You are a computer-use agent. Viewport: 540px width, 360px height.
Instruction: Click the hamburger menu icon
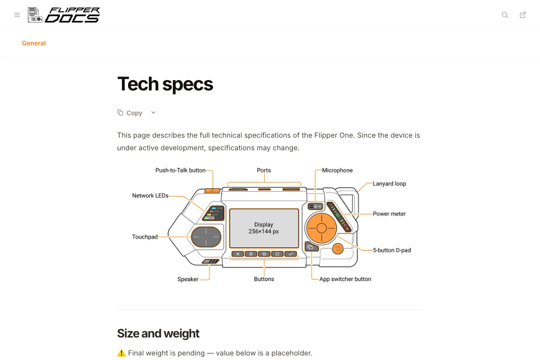[17, 15]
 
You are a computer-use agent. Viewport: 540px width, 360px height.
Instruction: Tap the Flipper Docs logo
[63, 15]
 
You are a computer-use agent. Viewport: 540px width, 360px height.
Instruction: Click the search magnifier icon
[505, 15]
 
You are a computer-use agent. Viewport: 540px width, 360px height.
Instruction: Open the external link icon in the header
[522, 15]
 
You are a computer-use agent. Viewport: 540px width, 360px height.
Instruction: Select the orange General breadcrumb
[34, 43]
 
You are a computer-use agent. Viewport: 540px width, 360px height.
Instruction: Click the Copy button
[130, 113]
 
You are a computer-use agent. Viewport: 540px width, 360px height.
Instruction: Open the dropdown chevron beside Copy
[153, 112]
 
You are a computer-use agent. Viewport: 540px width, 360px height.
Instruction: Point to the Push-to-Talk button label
[180, 170]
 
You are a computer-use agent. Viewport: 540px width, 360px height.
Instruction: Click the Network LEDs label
[150, 196]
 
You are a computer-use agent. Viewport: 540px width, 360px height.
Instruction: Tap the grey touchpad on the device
[206, 237]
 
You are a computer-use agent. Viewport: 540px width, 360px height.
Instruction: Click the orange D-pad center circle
[321, 228]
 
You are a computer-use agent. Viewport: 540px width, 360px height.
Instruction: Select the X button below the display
[238, 254]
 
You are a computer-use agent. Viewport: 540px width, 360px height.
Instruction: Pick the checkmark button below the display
[291, 254]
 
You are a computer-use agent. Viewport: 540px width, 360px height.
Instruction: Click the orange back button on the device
[338, 248]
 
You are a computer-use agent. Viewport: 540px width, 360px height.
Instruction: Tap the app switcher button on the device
[311, 247]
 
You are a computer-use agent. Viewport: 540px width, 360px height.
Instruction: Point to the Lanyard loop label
[389, 184]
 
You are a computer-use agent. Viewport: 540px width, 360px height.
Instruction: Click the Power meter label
[389, 214]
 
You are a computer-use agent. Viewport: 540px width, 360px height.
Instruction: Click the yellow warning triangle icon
[121, 353]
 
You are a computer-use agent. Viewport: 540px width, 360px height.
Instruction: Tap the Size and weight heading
[158, 333]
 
